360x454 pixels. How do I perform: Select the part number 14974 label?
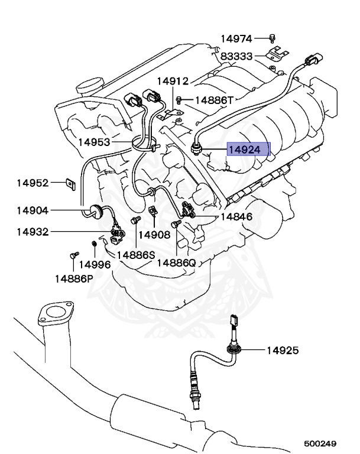pos(236,39)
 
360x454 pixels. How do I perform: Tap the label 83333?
pos(236,57)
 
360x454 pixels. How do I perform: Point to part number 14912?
pos(173,81)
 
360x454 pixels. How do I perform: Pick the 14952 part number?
pos(32,183)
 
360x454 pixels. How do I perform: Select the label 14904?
pos(32,210)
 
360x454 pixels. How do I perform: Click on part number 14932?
pos(32,231)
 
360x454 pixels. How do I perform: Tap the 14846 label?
pos(236,217)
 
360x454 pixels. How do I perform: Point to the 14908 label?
pos(155,235)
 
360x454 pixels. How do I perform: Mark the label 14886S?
pos(135,255)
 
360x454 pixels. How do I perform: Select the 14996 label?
pos(95,265)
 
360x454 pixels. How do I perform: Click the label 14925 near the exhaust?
pos(282,351)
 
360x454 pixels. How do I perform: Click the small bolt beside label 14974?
pos(272,38)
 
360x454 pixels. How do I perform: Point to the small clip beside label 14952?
pos(69,184)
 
